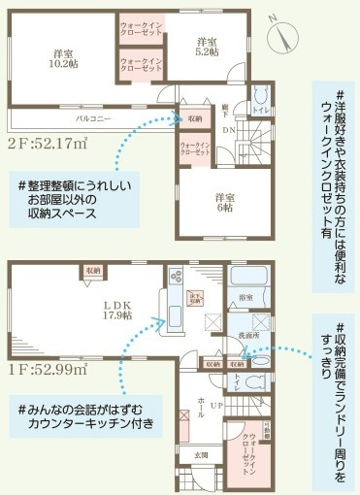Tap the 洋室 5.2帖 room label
point(207,48)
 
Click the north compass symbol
point(284,36)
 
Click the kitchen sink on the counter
point(175,318)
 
